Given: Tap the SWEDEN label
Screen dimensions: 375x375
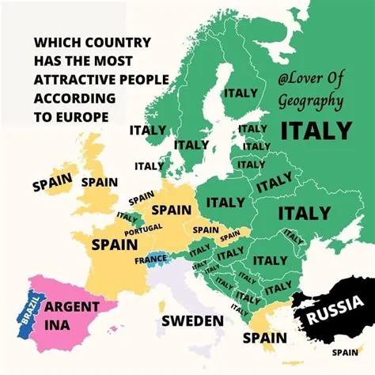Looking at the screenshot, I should [x=192, y=320].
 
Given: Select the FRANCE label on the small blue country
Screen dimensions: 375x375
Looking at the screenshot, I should [x=150, y=259].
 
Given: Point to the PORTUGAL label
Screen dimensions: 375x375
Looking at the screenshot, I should [x=143, y=227].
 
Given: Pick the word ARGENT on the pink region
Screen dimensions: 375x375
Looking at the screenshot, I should [x=71, y=306].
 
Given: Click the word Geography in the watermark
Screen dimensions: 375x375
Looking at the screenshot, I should [x=310, y=101].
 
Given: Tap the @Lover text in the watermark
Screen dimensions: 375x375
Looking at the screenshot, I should [x=299, y=80].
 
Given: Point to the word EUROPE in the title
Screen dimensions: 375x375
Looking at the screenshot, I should [x=82, y=116].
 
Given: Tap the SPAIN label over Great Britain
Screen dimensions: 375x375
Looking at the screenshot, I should [x=99, y=182].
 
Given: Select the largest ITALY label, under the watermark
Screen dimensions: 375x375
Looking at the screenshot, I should [x=316, y=130].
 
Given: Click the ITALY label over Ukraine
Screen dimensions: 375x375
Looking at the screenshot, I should [x=304, y=213].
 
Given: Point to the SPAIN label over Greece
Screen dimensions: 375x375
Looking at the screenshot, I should [x=264, y=338].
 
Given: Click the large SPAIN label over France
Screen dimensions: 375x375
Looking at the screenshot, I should [x=115, y=244].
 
